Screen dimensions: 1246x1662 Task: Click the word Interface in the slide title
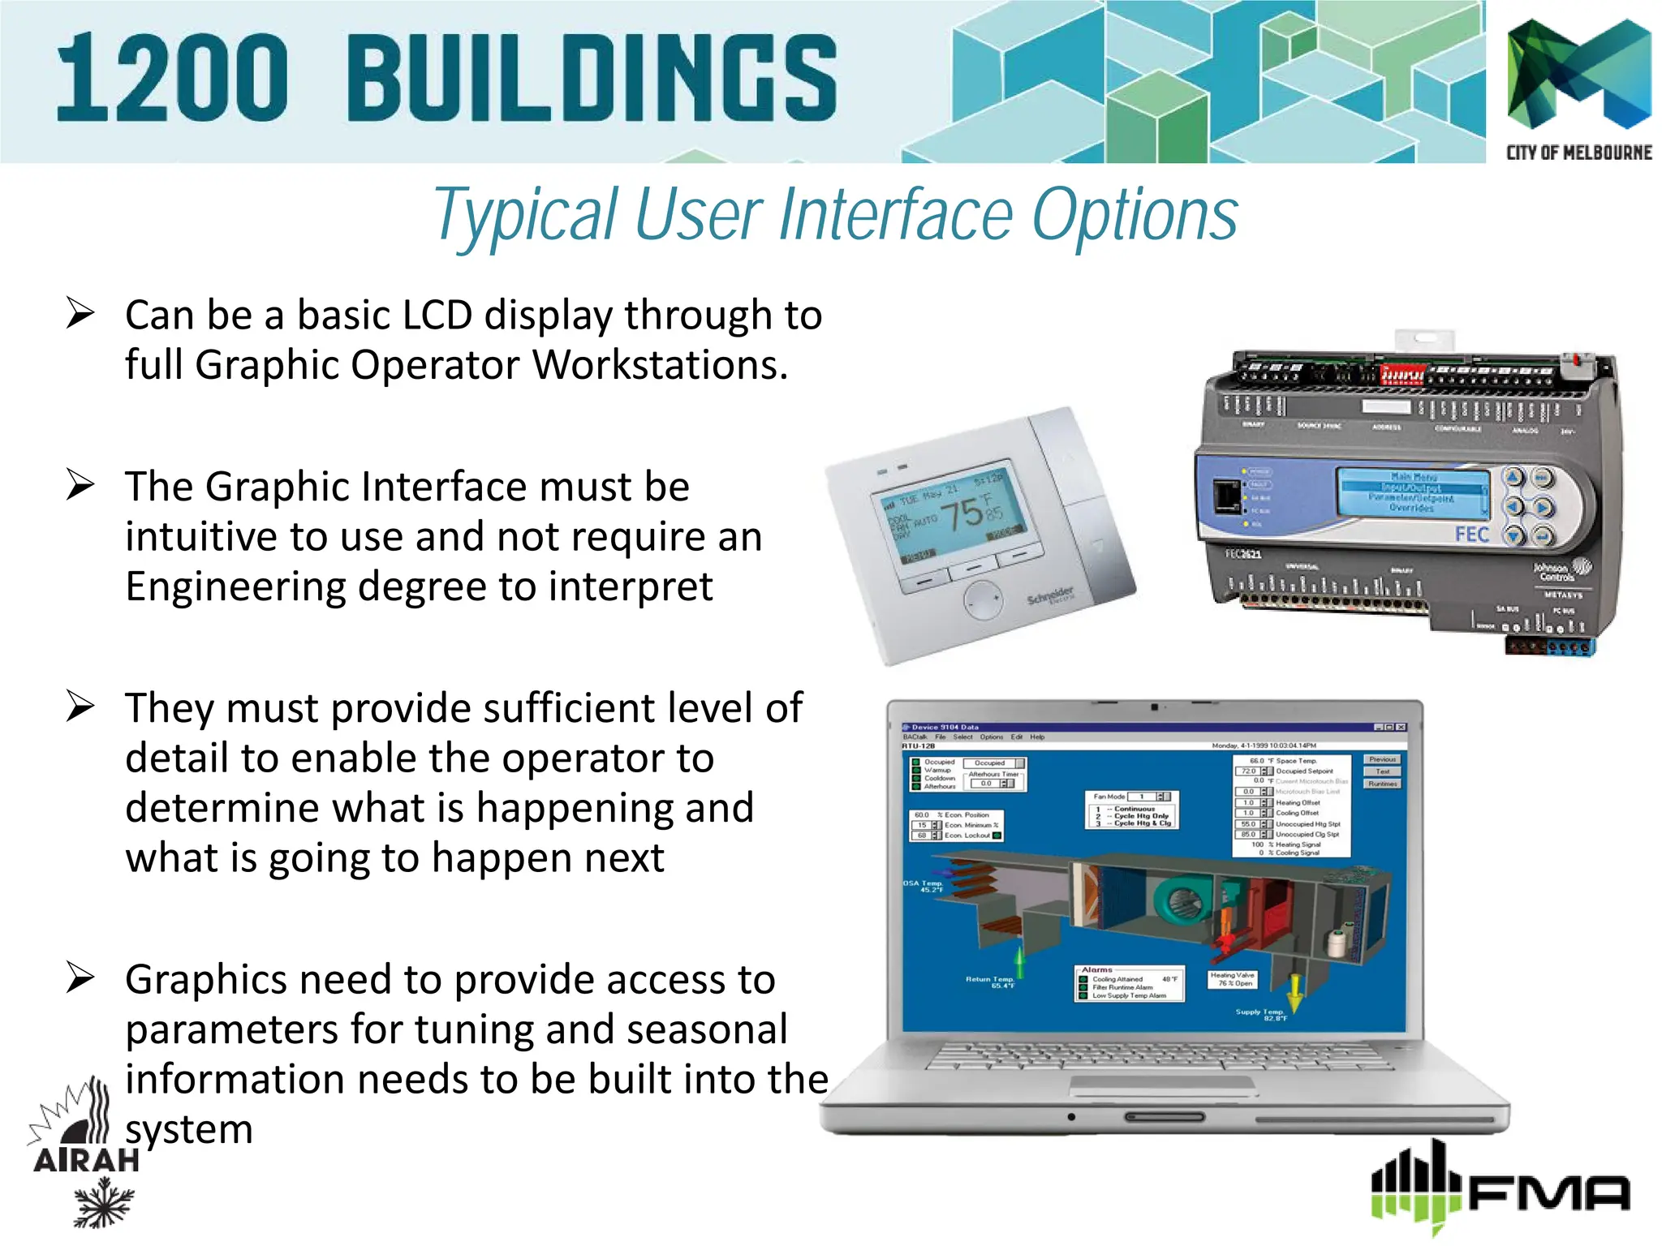pos(896,215)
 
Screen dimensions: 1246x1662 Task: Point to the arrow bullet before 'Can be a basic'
pos(81,313)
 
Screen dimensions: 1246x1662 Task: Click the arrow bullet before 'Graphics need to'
pos(81,977)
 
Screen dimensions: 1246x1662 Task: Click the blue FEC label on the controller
pos(1471,534)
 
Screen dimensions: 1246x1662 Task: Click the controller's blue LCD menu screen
pos(1413,492)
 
